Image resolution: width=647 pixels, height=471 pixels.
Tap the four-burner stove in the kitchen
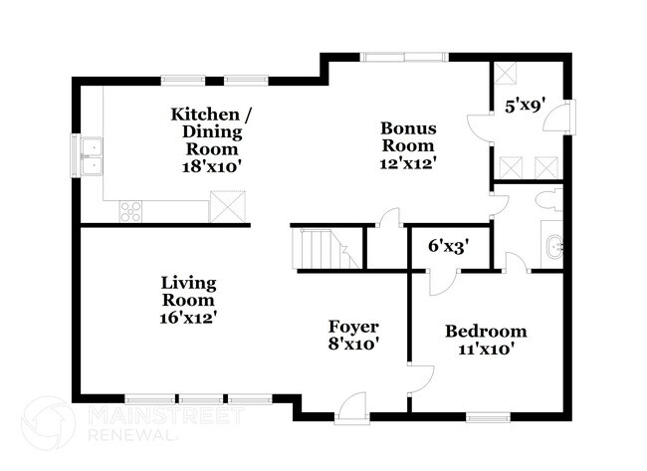click(x=130, y=210)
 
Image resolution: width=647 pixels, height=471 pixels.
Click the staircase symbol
click(x=316, y=248)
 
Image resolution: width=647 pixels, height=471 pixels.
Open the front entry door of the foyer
click(x=351, y=408)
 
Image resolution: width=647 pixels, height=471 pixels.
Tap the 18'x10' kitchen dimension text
click(x=210, y=166)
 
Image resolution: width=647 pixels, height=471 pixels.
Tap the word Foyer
click(x=353, y=327)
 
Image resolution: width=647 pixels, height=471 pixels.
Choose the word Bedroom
click(x=486, y=332)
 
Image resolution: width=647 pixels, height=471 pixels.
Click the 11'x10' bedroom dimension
click(x=486, y=350)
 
